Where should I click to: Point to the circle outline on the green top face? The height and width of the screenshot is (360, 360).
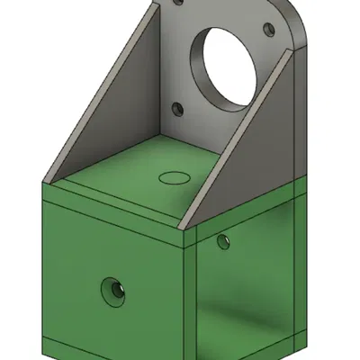click(x=175, y=174)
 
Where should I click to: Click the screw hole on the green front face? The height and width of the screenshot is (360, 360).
click(x=112, y=290)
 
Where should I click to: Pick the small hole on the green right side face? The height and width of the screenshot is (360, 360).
click(x=222, y=240)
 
